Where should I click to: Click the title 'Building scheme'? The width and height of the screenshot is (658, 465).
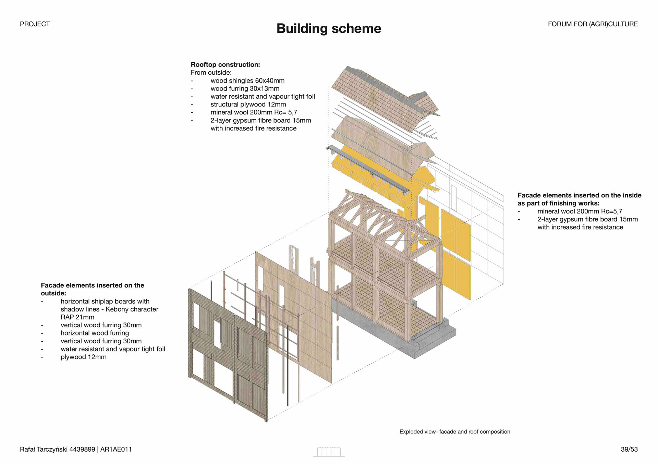pos(329,28)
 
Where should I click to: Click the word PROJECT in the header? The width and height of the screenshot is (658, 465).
pos(35,24)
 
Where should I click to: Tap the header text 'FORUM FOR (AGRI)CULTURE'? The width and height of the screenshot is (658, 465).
pos(593,24)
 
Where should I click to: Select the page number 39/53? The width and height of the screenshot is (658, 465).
pos(629,449)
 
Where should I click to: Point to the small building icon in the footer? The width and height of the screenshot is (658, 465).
pos(329,452)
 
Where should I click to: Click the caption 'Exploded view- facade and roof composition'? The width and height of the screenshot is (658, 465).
pos(454,432)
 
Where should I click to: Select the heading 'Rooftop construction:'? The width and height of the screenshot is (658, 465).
pos(225,64)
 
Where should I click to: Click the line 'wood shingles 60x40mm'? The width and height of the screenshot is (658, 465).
pos(247,81)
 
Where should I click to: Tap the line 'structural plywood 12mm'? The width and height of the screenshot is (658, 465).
pos(248,104)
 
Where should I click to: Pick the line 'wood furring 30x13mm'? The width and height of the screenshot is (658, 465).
pos(245,88)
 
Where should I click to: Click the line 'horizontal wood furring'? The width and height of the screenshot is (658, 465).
pos(95,333)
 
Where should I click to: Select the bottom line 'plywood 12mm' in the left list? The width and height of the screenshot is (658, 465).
pos(83,357)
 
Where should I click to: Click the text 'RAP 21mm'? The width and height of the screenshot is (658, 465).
pos(77,317)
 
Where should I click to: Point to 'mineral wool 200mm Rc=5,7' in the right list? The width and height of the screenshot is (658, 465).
pos(580,211)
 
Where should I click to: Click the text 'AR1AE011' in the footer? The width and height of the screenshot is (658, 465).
pos(116,449)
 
